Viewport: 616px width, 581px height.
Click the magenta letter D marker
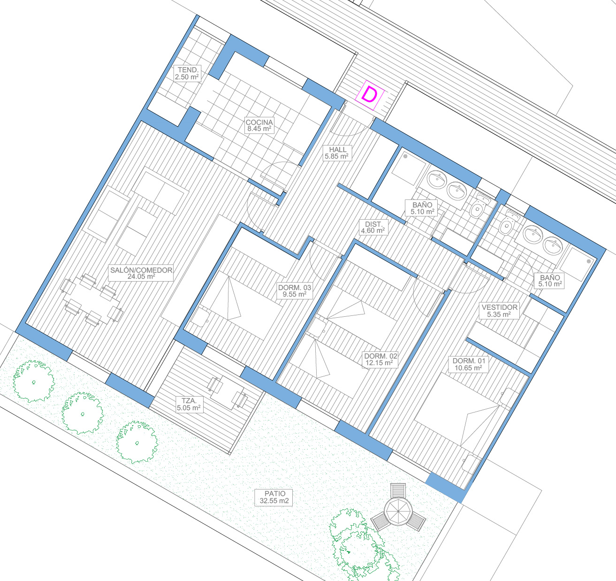point(369,95)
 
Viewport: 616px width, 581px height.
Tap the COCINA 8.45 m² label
point(259,125)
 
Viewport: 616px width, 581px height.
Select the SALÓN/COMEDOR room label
point(141,273)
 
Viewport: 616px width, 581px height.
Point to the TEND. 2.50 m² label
point(187,74)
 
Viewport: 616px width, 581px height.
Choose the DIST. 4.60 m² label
point(373,227)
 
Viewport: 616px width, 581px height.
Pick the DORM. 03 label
point(294,291)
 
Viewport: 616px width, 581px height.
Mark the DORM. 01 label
point(468,364)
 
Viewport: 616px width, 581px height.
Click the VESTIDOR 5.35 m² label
point(499,311)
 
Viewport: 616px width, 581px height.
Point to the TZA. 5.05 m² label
point(189,404)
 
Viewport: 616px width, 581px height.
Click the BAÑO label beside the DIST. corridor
point(422,208)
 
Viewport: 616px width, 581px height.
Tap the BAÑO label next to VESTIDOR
point(550,281)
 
